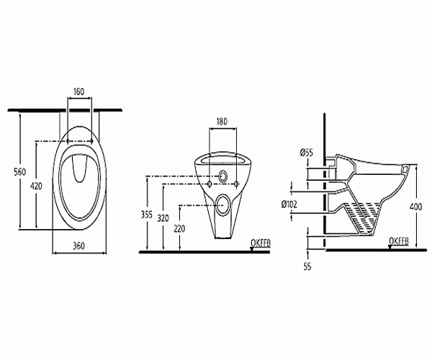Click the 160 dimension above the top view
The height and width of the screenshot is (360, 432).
(79, 91)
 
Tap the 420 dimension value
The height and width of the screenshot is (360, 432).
(36, 185)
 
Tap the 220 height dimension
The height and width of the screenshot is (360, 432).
(180, 229)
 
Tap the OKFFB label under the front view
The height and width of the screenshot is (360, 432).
(258, 240)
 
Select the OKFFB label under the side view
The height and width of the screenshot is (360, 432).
(398, 240)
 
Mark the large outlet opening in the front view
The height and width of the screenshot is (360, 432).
(222, 204)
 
